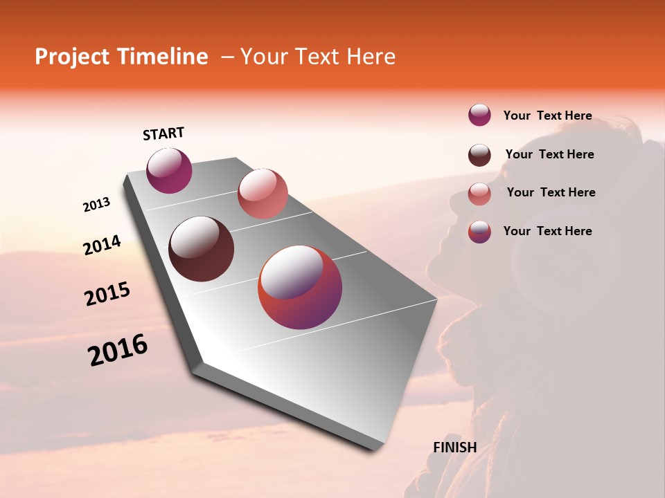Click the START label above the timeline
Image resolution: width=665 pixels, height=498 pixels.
(163, 133)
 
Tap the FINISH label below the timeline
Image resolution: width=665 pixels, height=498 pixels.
(454, 448)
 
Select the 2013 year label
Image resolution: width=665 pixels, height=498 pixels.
(96, 205)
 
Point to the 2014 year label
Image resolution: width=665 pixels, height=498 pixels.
(102, 246)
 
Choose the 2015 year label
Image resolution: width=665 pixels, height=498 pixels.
(107, 294)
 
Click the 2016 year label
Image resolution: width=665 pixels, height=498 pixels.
(118, 350)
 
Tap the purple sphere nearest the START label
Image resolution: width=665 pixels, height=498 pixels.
(169, 171)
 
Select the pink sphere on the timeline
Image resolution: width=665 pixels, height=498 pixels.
(263, 194)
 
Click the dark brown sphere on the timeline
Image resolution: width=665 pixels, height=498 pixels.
(202, 249)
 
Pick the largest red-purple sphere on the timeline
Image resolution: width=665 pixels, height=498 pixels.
(300, 287)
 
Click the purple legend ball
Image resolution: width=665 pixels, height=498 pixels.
(479, 116)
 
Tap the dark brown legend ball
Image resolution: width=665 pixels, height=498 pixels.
(479, 155)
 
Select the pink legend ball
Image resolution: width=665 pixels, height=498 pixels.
(479, 194)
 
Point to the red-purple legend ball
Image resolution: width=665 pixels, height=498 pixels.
(479, 232)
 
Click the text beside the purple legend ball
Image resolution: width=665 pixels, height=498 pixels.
(547, 116)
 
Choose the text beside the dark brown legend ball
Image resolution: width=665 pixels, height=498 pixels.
(549, 154)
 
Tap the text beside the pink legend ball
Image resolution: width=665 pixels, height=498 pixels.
(551, 192)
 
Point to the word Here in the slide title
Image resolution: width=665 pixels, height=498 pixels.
(371, 57)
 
